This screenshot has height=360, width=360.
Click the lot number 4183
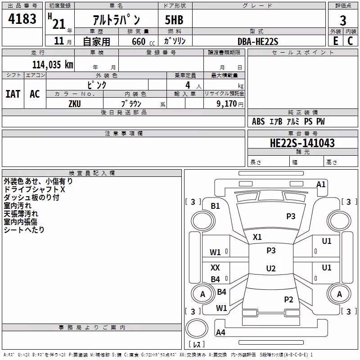pos(22,19)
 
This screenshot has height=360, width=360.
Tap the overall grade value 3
pos(343,21)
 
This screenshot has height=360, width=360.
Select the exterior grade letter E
pos(336,41)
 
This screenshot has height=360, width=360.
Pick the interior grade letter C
pos(350,41)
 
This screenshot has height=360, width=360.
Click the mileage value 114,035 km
pos(53,65)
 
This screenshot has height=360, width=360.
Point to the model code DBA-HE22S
pos(258,41)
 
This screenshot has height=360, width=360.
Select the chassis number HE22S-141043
pos(302,143)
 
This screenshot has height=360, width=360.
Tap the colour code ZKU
pos(75,104)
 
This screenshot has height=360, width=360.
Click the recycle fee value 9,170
pos(226,104)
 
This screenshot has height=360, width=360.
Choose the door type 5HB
pos(174,20)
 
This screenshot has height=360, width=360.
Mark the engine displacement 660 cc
pos(143,42)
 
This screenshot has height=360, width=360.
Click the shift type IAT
pos(13,94)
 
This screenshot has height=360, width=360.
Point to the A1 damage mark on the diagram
pos(321,184)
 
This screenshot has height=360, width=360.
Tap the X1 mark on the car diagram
pos(257,237)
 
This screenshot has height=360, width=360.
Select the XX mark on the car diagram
pos(215,267)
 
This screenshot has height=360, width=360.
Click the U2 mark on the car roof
pos(271,268)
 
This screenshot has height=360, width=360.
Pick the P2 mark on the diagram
pos(288,299)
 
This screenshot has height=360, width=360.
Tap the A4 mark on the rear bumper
pos(220,332)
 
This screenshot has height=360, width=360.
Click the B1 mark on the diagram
pos(215,206)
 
